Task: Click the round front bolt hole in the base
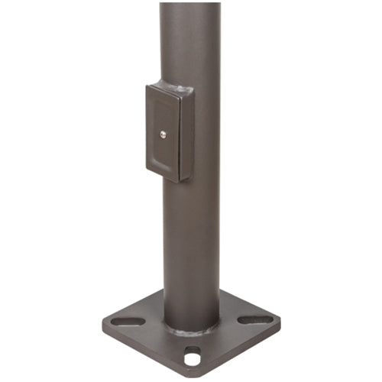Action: point(192,354)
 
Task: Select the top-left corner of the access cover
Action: point(148,86)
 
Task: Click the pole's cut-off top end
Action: point(190,4)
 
